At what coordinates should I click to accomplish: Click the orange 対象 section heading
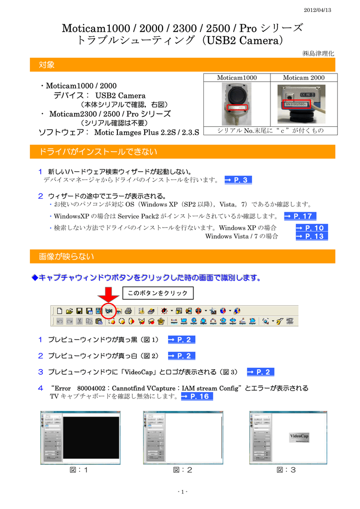[x=47, y=65]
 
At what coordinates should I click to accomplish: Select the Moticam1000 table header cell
[x=237, y=78]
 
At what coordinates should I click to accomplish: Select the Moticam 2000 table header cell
[x=303, y=78]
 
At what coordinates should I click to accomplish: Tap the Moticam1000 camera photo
[x=237, y=104]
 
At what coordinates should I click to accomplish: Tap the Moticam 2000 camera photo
[x=304, y=104]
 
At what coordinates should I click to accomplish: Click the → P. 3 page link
[x=238, y=180]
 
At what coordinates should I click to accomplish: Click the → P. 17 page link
[x=300, y=216]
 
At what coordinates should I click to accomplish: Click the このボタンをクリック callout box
[x=158, y=293]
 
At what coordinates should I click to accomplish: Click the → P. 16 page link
[x=196, y=396]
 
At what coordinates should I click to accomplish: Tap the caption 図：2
[x=182, y=470]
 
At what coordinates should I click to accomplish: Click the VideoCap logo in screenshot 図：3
[x=299, y=437]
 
